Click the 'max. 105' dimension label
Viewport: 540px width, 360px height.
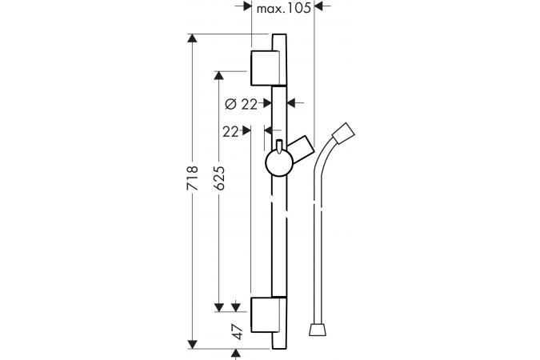tap(284, 7)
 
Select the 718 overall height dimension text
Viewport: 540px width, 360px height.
tap(193, 178)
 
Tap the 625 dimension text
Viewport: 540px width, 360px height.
tap(219, 178)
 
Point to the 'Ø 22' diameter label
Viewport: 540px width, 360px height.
tap(241, 104)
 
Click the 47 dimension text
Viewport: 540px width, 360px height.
tap(238, 332)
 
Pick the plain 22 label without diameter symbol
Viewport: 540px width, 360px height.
tap(230, 131)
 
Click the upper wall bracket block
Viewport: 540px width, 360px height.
tap(265, 68)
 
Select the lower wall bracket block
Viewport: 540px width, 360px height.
tap(265, 315)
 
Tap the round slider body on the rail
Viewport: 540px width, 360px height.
tap(279, 163)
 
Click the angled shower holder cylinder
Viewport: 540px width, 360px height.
tap(302, 147)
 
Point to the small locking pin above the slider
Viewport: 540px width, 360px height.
tap(279, 146)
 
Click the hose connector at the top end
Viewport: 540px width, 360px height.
tap(343, 132)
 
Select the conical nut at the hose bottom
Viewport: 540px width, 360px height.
tap(318, 330)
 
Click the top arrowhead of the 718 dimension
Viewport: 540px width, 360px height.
tap(193, 38)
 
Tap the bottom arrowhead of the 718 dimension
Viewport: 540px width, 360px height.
tap(193, 344)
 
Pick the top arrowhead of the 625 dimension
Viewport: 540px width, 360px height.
tap(219, 75)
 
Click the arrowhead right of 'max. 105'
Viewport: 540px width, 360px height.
tap(319, 6)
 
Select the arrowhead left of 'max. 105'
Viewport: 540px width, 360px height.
tap(247, 6)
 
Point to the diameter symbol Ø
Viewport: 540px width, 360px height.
tap(230, 104)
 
